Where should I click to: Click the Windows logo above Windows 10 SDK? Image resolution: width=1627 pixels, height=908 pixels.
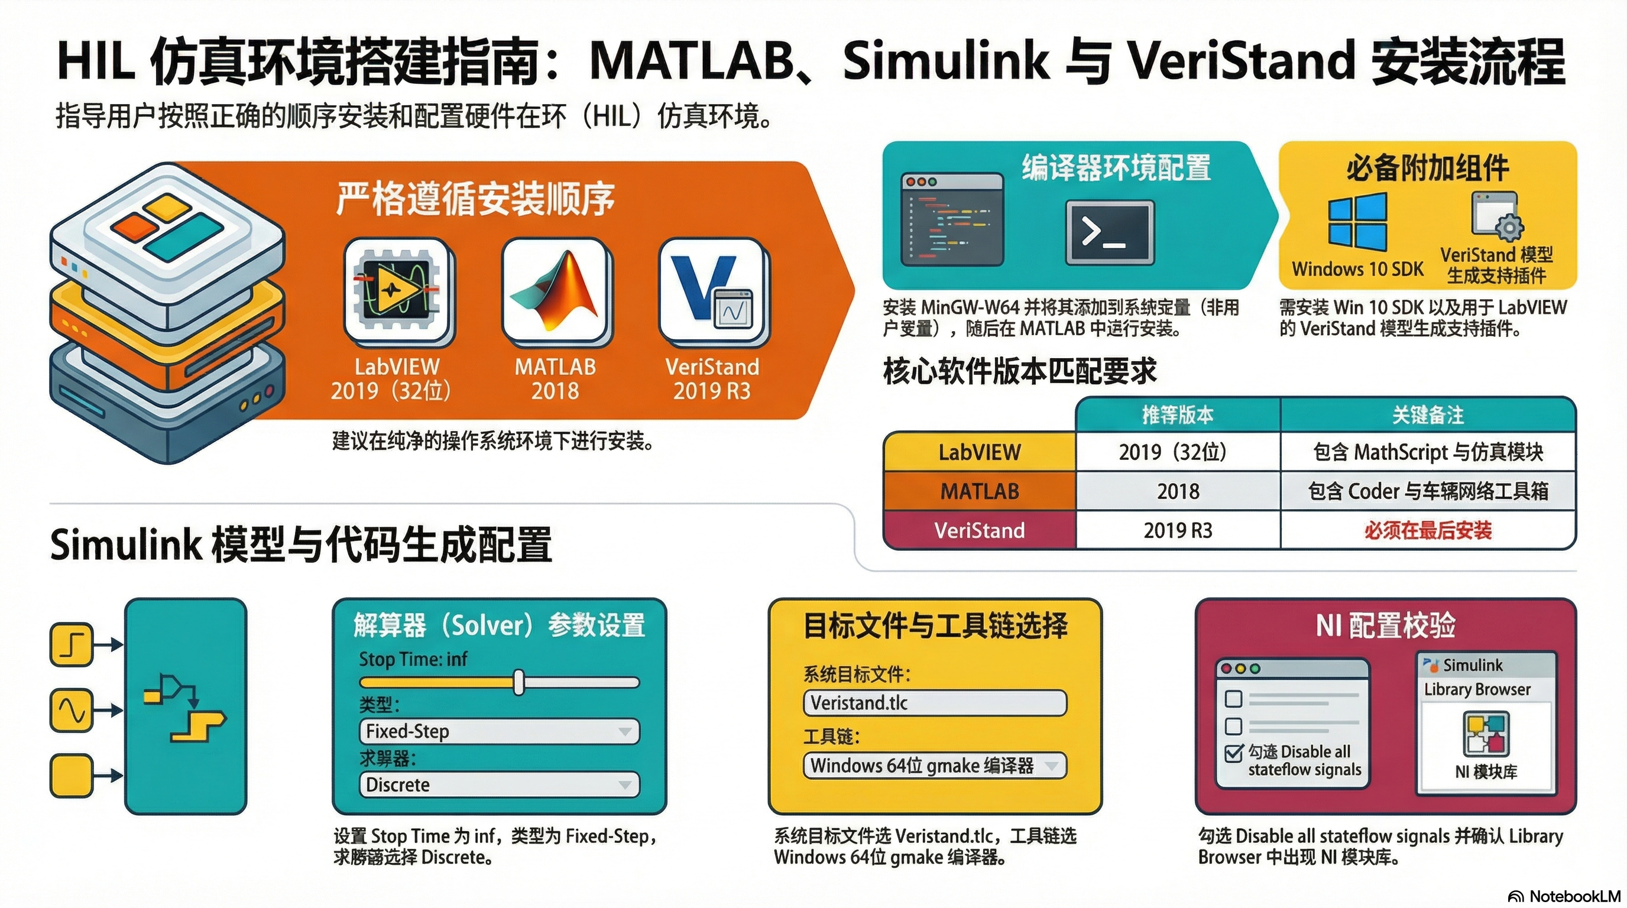pos(1357,222)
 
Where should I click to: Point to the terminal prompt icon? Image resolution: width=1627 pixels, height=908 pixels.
pos(1109,232)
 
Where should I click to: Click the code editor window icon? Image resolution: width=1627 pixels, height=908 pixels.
pos(952,219)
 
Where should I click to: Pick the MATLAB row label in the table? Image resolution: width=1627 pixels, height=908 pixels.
pos(979,491)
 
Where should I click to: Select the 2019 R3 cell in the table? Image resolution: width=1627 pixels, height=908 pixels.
pos(1177,530)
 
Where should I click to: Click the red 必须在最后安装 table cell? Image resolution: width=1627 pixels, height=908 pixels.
pos(1427,530)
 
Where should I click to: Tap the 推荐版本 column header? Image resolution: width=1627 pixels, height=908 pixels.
pos(1177,415)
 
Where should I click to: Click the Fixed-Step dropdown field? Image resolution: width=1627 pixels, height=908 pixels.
pos(499,731)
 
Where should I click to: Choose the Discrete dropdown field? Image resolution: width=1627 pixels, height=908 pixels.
pos(499,784)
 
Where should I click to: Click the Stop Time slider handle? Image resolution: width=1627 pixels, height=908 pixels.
pos(518,682)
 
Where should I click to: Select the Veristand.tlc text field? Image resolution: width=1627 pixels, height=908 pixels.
pos(935,703)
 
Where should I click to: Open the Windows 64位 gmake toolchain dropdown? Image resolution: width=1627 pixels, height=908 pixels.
pos(935,766)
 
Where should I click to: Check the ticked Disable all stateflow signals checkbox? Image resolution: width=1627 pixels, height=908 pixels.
pos(1233,753)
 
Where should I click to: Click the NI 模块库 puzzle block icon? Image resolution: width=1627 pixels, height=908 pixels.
pos(1486,732)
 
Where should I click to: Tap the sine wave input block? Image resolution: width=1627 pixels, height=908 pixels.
pos(71,711)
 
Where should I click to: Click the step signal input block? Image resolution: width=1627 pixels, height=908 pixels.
pos(71,645)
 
